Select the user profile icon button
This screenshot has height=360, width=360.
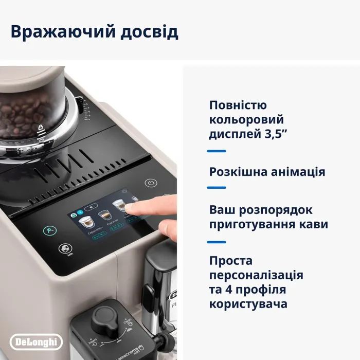point(50,230)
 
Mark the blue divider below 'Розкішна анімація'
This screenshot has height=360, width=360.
point(216,188)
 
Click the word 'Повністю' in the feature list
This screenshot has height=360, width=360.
point(238,105)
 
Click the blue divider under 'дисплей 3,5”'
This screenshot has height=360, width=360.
point(216,151)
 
